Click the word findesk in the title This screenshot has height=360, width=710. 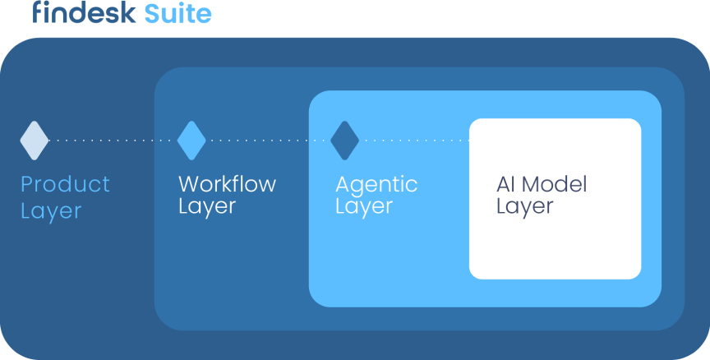pyautogui.click(x=84, y=12)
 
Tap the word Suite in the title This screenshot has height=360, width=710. pyautogui.click(x=178, y=13)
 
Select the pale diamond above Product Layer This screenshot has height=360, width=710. pyautogui.click(x=35, y=141)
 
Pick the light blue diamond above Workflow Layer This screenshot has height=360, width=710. pyautogui.click(x=191, y=141)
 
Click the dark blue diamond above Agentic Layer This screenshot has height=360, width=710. pyautogui.click(x=344, y=141)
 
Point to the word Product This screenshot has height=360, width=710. pyautogui.click(x=65, y=184)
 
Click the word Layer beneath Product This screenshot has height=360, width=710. pyautogui.click(x=51, y=211)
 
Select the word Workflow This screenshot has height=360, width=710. pyautogui.click(x=227, y=184)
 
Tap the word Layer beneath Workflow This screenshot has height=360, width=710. pyautogui.click(x=207, y=206)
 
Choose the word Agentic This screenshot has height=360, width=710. pyautogui.click(x=376, y=185)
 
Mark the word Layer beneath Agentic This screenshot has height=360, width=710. pyautogui.click(x=364, y=206)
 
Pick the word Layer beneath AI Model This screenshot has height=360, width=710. pyautogui.click(x=525, y=206)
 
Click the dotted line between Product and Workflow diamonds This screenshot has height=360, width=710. pyautogui.click(x=113, y=141)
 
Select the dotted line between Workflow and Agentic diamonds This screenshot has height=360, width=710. pyautogui.click(x=268, y=141)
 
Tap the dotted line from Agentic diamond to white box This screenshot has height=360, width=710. pyautogui.click(x=414, y=141)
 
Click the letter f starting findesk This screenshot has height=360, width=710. pyautogui.click(x=38, y=12)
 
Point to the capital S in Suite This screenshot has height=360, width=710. pyautogui.click(x=153, y=14)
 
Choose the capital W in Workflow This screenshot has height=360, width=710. pyautogui.click(x=190, y=184)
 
